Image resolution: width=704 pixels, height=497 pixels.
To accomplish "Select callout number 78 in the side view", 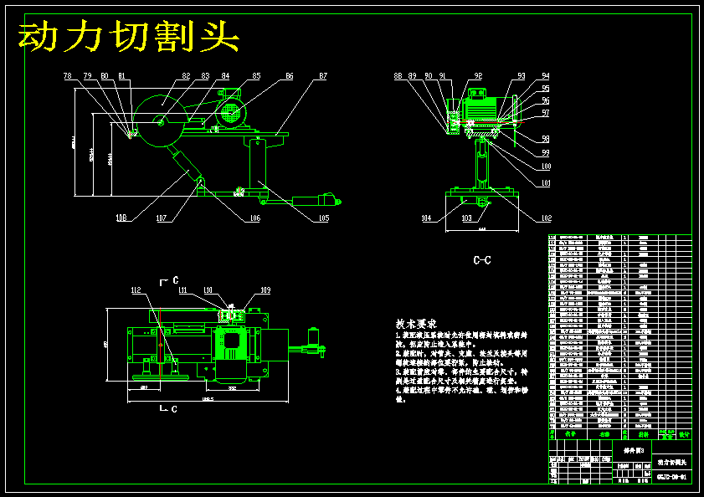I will pos(68,76).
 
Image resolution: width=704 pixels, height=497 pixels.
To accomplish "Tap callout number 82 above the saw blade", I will pos(185,76).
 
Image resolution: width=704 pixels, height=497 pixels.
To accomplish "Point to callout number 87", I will pos(322,76).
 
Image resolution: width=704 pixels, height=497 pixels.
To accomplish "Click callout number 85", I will pos(256,76).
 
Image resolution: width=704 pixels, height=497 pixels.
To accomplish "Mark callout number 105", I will pos(323,218).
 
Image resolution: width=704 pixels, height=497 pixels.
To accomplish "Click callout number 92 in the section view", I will pos(477,76).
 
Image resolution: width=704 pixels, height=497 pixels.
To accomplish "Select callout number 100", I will pos(546,167).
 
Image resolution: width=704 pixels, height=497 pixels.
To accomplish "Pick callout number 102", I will pos(546,218).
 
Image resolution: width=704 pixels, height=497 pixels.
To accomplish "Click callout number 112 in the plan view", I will pos(136,290).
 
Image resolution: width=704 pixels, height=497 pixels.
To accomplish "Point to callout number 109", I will pos(265,290).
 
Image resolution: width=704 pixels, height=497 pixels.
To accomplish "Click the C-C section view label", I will pos(482,261).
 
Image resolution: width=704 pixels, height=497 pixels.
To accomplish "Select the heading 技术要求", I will pos(416,324).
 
